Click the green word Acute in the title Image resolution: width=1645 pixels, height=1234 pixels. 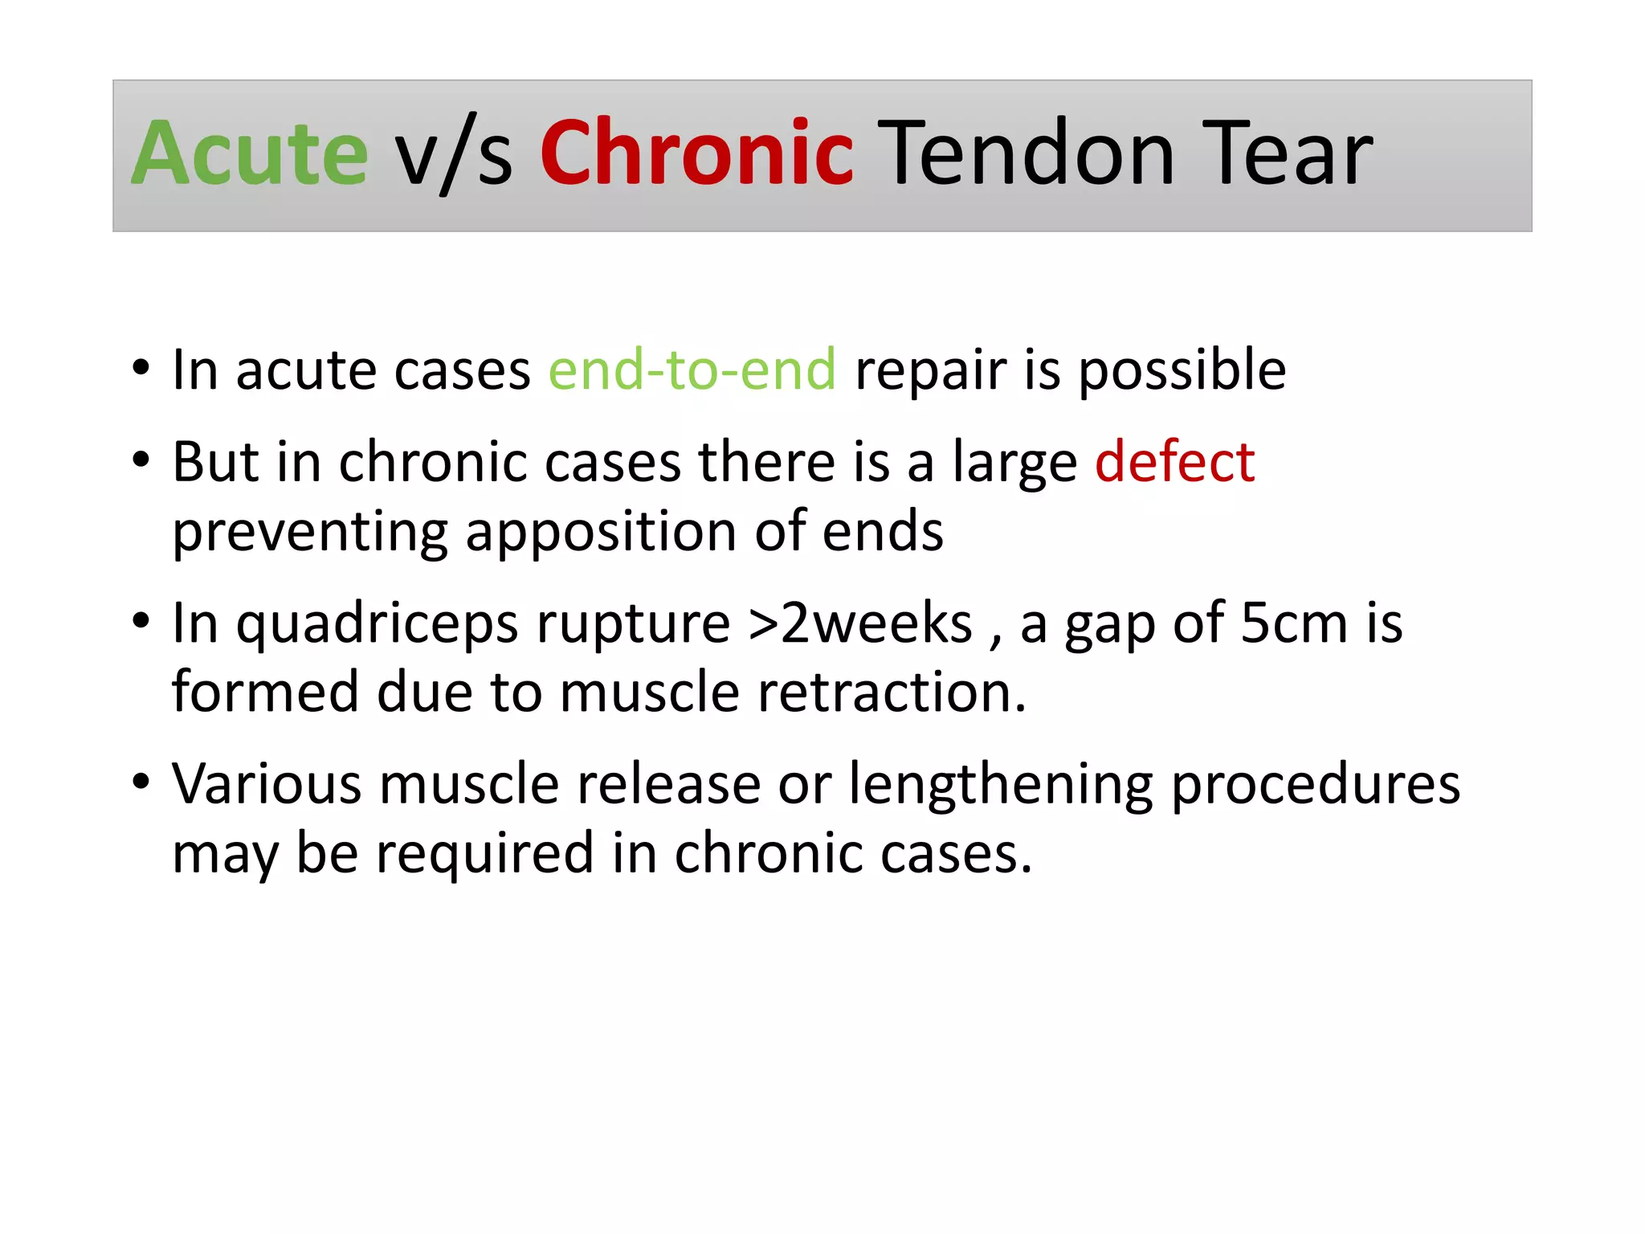click(249, 153)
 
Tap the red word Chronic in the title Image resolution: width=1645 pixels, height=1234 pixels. click(696, 153)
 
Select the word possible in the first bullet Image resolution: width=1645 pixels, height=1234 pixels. click(1182, 371)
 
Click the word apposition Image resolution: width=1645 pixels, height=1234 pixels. click(601, 533)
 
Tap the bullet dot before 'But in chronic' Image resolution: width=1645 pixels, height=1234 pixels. click(141, 460)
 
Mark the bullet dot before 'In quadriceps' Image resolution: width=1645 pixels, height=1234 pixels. click(141, 621)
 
